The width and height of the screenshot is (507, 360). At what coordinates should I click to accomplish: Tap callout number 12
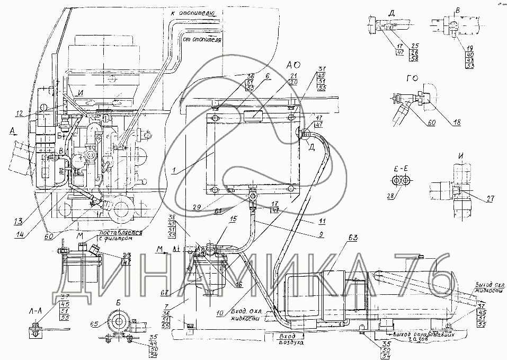20,112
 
